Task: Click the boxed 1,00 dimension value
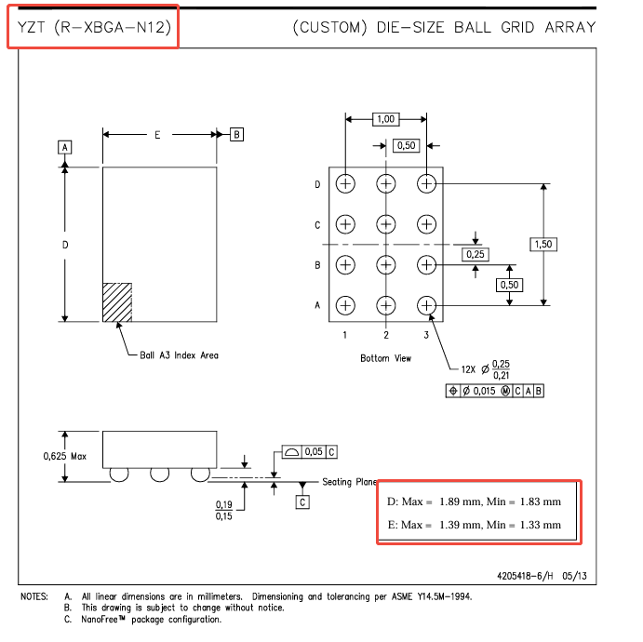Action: tap(385, 119)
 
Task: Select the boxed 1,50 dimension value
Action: tap(543, 245)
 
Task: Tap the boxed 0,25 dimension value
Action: tap(476, 254)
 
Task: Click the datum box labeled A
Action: tap(65, 148)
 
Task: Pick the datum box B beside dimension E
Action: tap(236, 135)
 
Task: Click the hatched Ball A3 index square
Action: tap(117, 302)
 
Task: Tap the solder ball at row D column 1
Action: tap(345, 183)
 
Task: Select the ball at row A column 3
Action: tap(426, 305)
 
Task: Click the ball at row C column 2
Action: tap(386, 224)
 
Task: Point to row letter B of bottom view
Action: tap(317, 265)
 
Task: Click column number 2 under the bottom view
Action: tap(386, 335)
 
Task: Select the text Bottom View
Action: tap(385, 358)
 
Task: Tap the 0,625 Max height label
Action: tap(65, 456)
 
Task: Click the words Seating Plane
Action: tap(349, 482)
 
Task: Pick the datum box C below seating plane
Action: tap(302, 502)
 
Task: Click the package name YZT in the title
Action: tap(31, 28)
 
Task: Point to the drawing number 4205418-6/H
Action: tap(525, 576)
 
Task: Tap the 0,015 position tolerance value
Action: tap(484, 391)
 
